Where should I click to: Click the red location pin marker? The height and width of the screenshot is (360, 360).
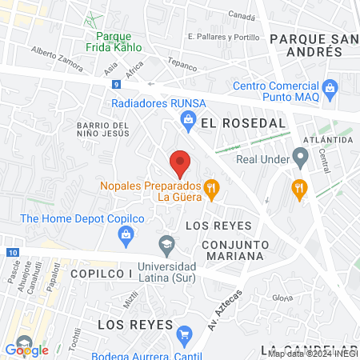coord(181,163)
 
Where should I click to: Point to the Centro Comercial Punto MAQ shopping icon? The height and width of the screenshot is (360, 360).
coord(331,87)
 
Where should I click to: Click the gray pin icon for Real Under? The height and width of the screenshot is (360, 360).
coord(300,158)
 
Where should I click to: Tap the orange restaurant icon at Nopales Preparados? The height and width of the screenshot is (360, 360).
coord(212,190)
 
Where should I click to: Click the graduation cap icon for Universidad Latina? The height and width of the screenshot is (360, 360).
coord(167,243)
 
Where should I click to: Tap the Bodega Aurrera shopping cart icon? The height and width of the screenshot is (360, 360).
coord(185,334)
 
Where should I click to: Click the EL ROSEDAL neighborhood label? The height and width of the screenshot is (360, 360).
coord(243,123)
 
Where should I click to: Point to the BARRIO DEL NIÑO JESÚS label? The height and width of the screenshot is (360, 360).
coord(102,130)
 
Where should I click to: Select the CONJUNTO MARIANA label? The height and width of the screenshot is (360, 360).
coord(233,250)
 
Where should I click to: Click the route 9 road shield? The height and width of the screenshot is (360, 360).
coord(117,84)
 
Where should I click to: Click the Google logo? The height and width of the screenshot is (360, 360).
coord(27,350)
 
